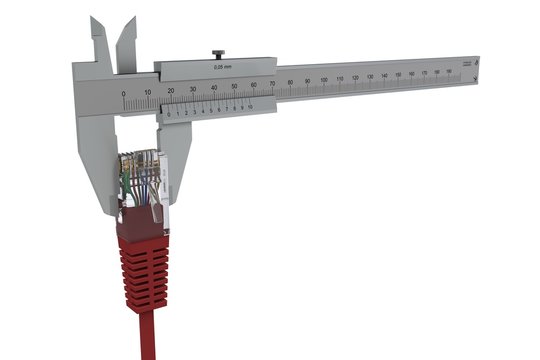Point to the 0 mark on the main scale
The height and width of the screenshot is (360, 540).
(x=124, y=94)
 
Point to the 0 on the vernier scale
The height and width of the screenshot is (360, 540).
(x=169, y=114)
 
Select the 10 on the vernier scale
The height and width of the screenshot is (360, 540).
(x=250, y=105)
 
